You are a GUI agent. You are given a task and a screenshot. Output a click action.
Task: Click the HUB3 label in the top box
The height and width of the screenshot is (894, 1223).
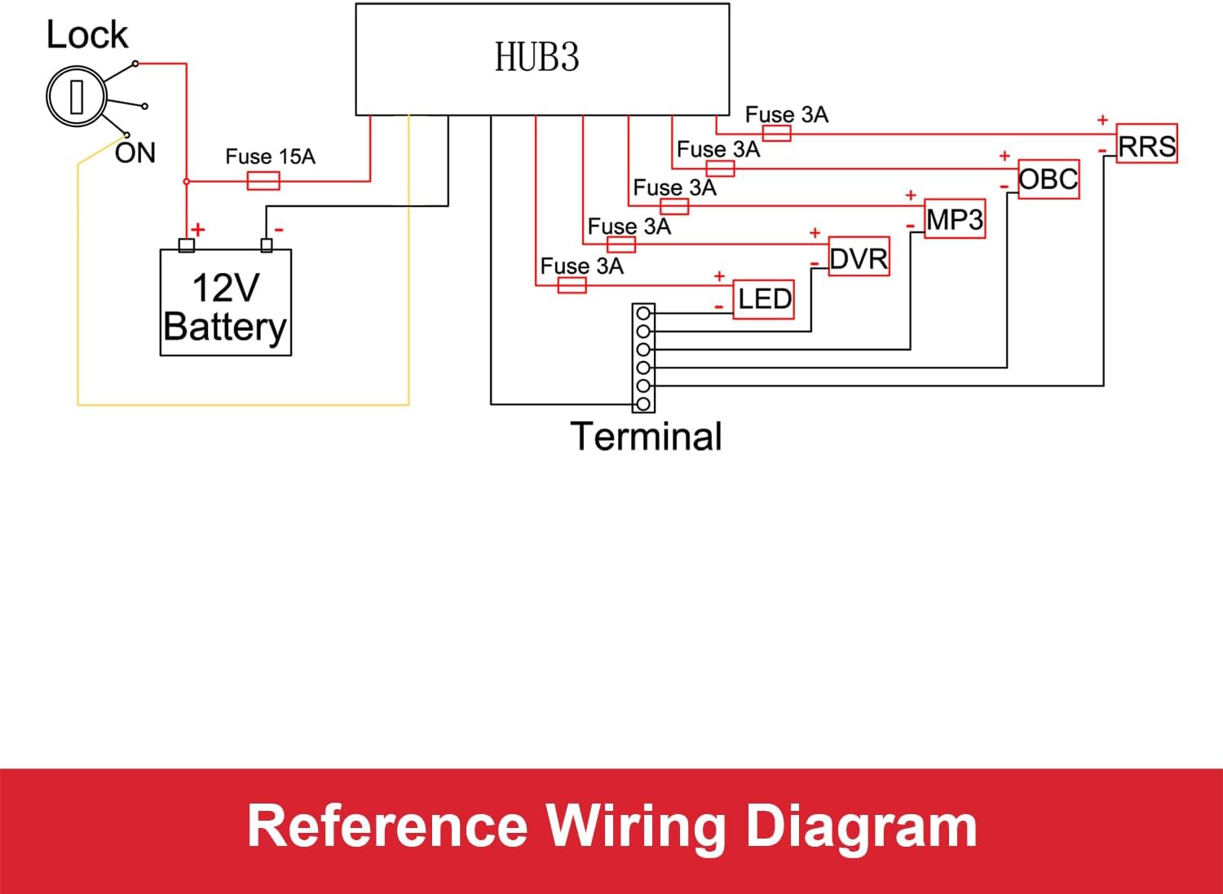pos(536,58)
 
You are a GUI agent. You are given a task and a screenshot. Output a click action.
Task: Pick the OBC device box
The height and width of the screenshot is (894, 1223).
pos(1049,179)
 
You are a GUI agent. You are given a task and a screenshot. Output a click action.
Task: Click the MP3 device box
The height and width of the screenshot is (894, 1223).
pos(955,219)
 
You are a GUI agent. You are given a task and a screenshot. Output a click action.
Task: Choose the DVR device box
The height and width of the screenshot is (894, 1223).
pos(859,258)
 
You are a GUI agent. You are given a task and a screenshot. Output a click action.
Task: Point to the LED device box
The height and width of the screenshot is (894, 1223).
pos(764,299)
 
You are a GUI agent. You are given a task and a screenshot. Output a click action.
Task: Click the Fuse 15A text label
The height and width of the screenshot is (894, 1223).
pos(270,156)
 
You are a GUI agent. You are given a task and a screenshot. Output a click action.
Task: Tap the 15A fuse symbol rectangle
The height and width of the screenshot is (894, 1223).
pos(263,181)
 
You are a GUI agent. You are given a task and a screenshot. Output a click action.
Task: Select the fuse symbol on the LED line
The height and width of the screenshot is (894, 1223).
pos(572,285)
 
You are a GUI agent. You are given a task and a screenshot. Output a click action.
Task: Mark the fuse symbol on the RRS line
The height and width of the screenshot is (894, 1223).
pos(776,134)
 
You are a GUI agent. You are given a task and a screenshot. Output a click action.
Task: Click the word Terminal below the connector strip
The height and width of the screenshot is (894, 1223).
pos(646,437)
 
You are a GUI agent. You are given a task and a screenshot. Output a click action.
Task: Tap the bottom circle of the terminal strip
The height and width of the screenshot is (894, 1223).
pos(643,403)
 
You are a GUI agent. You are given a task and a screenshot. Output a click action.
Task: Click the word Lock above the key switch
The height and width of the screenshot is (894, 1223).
pos(86,36)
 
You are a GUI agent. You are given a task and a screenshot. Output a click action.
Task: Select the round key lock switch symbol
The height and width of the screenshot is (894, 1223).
pos(76,97)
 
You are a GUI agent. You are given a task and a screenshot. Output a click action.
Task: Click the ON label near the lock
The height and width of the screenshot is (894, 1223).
pos(135,153)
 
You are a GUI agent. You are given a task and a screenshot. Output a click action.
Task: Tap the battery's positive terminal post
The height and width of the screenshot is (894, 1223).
pos(187,245)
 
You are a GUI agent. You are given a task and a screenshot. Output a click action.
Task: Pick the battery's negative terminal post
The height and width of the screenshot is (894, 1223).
pos(266,245)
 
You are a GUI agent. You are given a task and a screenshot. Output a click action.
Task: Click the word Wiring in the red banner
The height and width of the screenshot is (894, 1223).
pos(636,826)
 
